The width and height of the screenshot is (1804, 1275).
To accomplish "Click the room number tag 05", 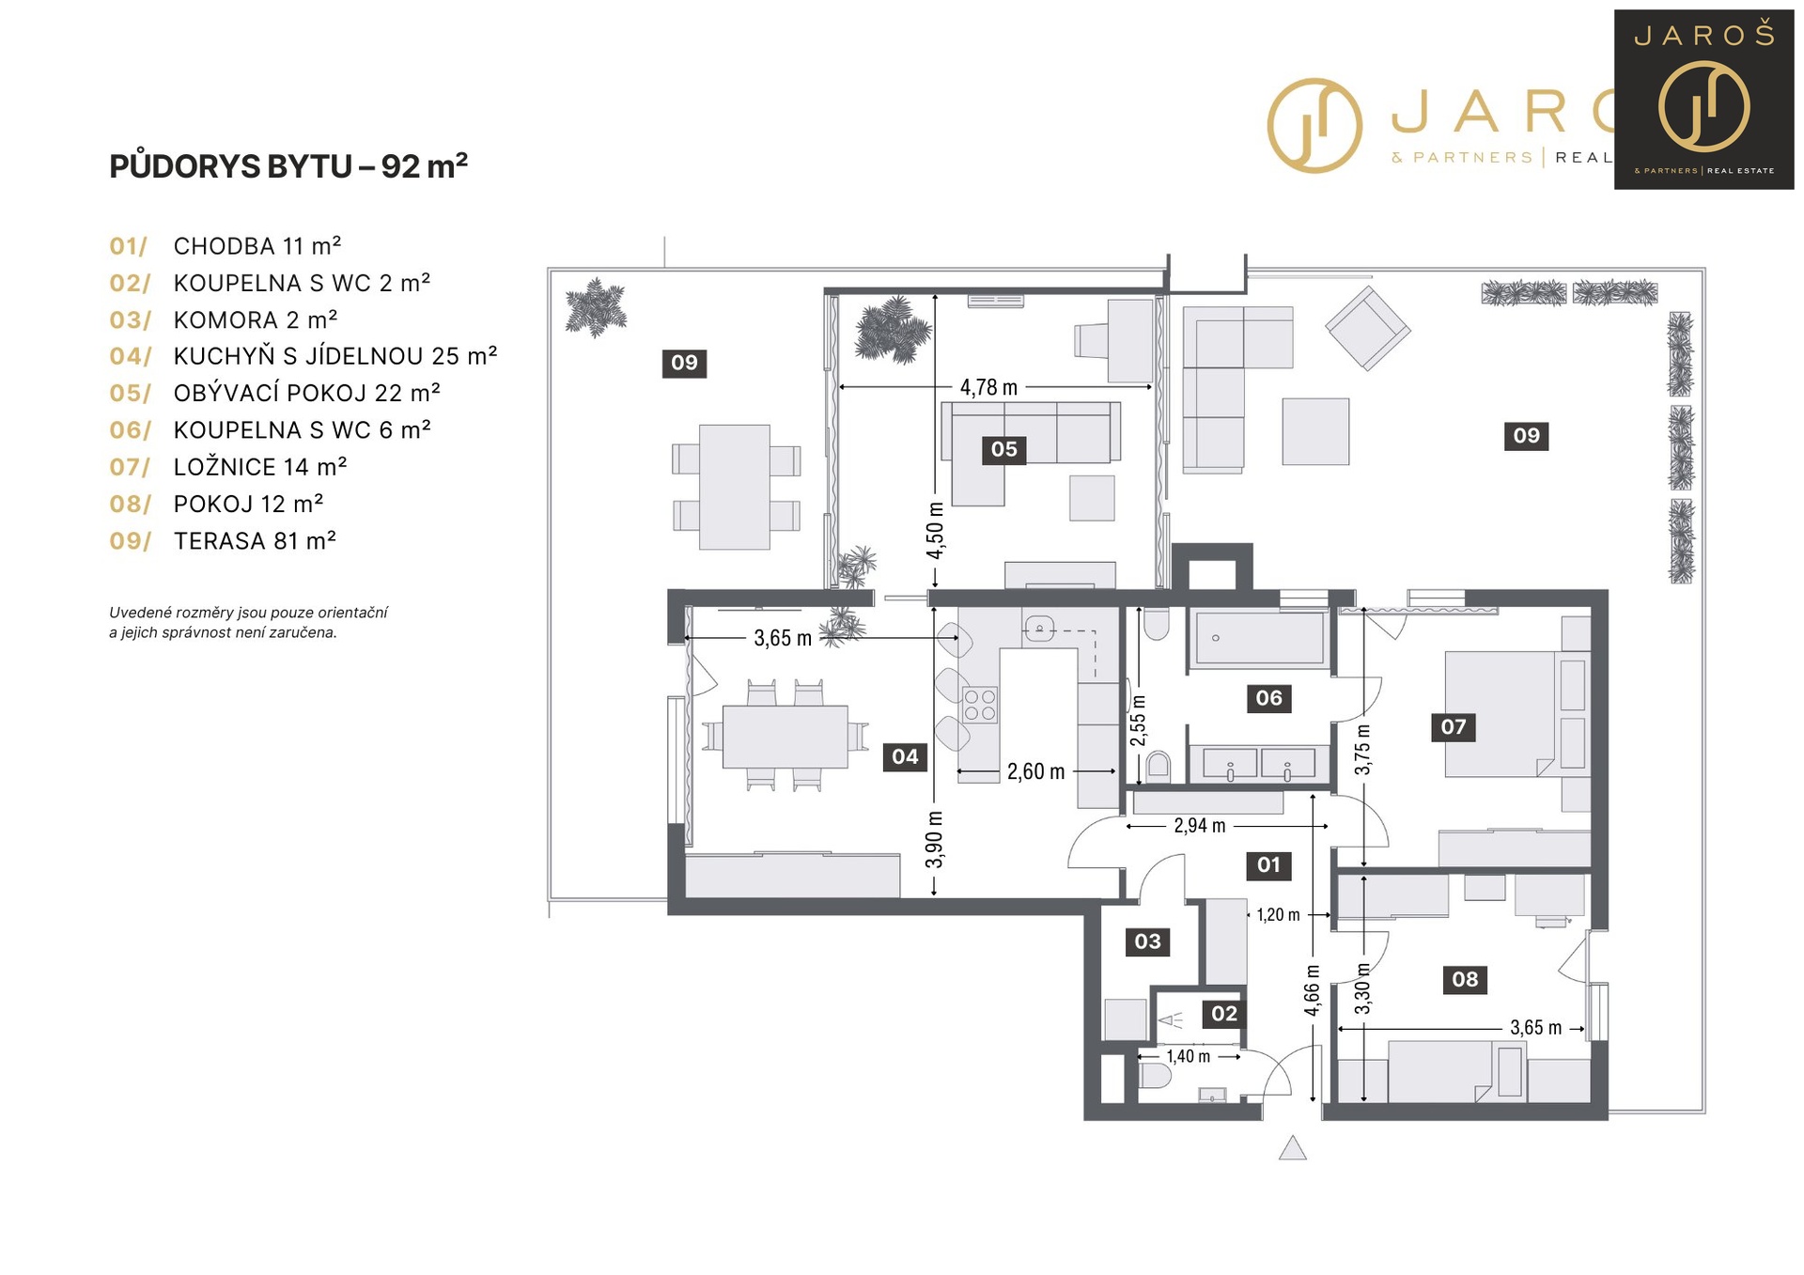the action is [x=1003, y=449].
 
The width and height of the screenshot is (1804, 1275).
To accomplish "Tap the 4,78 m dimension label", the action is [x=988, y=387].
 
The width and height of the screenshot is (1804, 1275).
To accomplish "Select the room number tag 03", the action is [x=1147, y=941].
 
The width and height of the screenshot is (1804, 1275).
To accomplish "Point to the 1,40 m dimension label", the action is [x=1188, y=1056].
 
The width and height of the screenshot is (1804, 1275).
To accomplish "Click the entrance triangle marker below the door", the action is [x=1293, y=1148].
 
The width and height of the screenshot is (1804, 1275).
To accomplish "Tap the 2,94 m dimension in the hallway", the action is [x=1200, y=826].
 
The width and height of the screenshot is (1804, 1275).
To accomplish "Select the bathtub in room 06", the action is [x=1260, y=640].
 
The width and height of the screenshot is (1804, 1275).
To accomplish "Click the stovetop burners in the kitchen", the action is [x=980, y=705].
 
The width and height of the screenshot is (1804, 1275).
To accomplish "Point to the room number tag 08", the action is [x=1465, y=980].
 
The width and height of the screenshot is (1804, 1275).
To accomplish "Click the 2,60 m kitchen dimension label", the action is [x=1036, y=771].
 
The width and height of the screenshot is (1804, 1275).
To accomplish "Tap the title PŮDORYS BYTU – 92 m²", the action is [x=288, y=166].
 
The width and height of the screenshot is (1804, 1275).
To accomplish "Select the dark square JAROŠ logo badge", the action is [x=1703, y=100].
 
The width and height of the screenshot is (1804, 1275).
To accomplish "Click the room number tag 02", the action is [x=1223, y=1013].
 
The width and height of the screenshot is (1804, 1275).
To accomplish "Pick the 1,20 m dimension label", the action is [x=1279, y=915].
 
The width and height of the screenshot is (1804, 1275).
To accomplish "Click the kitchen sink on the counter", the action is [x=1039, y=629].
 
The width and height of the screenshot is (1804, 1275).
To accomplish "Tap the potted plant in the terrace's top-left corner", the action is [x=596, y=306].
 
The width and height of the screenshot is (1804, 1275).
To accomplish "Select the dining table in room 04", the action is [x=785, y=737].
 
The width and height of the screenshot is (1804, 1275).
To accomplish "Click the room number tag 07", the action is [x=1453, y=727].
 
